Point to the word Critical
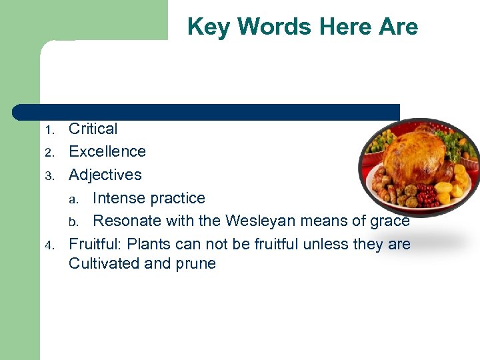coord(93,129)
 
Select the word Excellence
coord(107,151)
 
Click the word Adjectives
coord(105,175)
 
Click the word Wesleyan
coord(261,221)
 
